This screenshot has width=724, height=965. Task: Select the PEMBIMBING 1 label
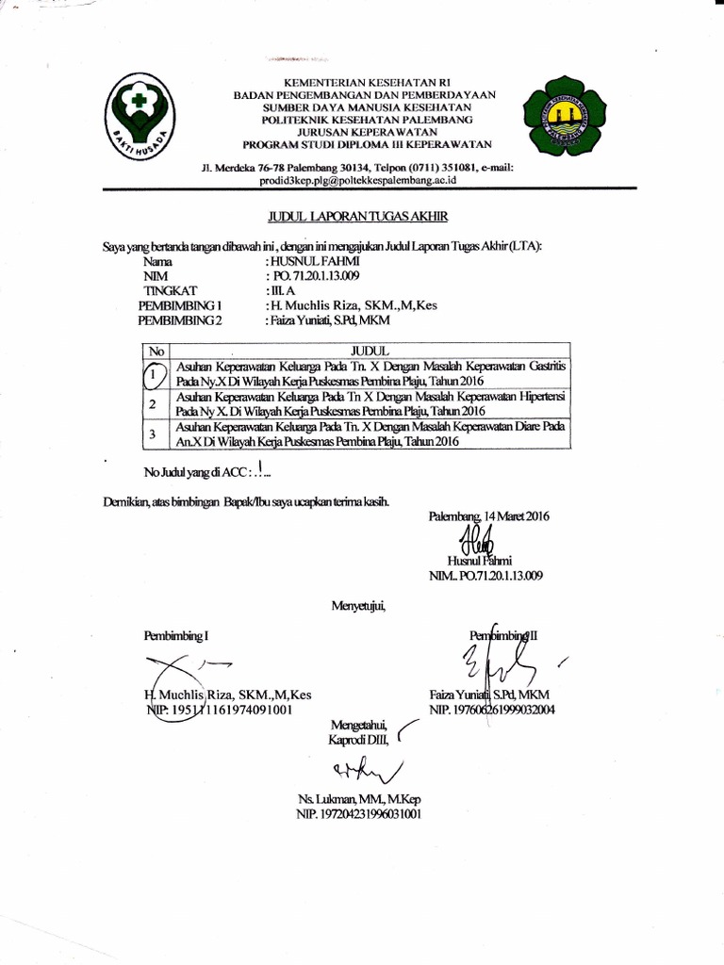click(x=180, y=305)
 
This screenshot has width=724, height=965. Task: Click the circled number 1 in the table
click(x=154, y=374)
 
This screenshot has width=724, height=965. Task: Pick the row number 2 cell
click(x=154, y=404)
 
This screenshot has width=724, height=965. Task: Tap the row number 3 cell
click(x=154, y=434)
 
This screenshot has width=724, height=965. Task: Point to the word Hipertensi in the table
click(x=549, y=397)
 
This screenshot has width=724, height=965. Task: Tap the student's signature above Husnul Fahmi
click(x=477, y=539)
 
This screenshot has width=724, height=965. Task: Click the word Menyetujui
click(x=358, y=603)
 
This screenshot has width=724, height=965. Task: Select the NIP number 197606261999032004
click(x=491, y=710)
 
